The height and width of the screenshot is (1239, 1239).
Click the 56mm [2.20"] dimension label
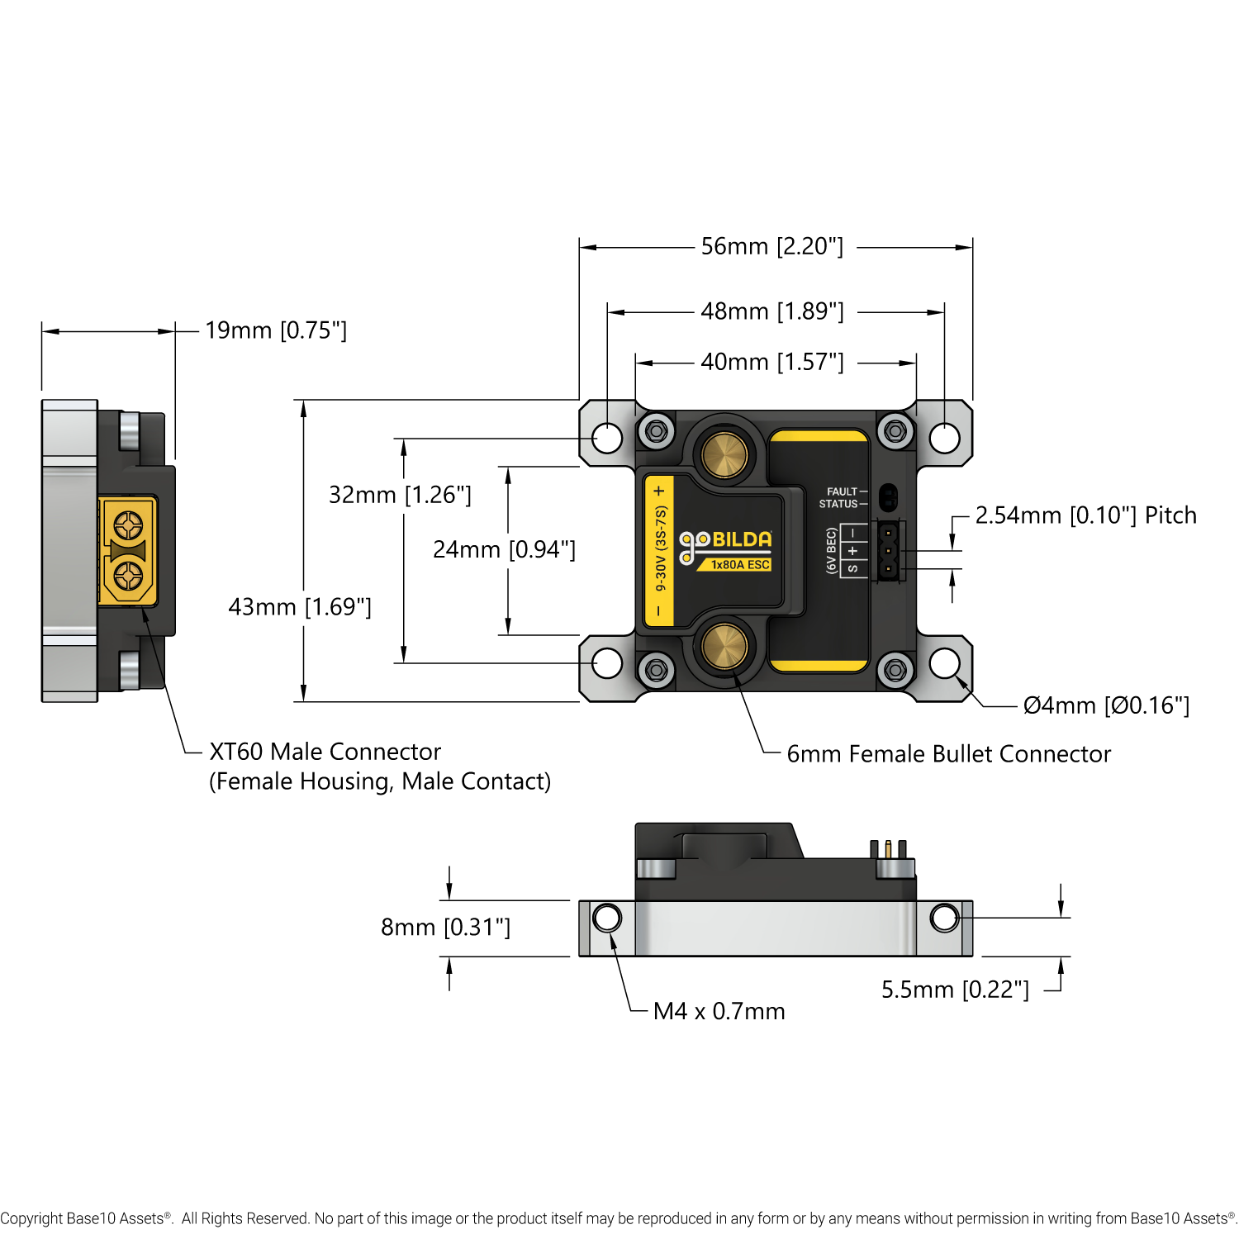click(771, 246)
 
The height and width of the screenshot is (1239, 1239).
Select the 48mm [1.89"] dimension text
click(771, 311)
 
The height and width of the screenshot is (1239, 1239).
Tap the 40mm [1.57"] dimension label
click(771, 362)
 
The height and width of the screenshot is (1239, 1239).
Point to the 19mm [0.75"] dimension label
click(276, 330)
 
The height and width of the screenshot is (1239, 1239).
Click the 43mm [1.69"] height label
click(300, 607)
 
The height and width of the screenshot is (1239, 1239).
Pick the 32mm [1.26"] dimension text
click(400, 495)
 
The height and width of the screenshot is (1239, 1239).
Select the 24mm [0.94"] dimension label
click(504, 549)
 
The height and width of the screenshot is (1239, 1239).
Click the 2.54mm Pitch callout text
click(1085, 515)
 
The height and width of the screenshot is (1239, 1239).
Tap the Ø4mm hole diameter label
click(1106, 705)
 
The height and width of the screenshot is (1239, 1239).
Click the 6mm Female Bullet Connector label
click(948, 754)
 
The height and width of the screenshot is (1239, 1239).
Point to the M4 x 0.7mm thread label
click(719, 1011)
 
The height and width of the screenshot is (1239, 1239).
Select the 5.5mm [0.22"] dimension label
click(955, 990)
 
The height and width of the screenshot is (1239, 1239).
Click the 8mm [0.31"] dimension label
click(445, 928)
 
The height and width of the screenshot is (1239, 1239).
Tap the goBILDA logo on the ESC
click(725, 542)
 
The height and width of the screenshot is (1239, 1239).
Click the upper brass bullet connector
click(724, 453)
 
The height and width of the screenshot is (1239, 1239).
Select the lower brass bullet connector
click(724, 647)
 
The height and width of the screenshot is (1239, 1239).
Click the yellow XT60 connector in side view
click(127, 550)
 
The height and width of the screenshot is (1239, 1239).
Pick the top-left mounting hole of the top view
click(607, 438)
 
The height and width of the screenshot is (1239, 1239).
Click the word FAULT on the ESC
click(842, 491)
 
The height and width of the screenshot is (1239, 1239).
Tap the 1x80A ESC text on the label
click(740, 565)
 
